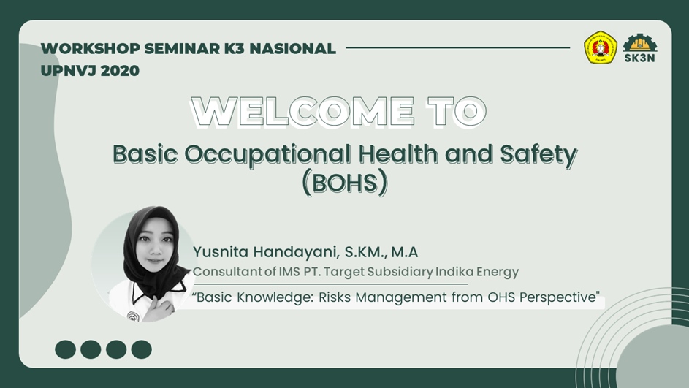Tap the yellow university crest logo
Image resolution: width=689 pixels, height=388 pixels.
tap(601, 47)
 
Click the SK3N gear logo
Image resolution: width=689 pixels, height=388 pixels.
tap(640, 48)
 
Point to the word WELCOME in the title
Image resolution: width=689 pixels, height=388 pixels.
tap(302, 112)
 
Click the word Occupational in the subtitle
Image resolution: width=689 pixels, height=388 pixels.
tap(267, 155)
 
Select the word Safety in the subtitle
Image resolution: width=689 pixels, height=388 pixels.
tap(538, 155)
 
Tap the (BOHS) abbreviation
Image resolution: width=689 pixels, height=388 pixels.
tap(345, 183)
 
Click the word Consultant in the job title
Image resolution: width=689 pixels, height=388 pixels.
tap(228, 272)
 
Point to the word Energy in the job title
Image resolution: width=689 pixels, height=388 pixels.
tap(498, 272)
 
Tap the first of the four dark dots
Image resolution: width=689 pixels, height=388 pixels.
tap(66, 349)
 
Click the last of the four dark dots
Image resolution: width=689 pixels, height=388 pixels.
tap(142, 349)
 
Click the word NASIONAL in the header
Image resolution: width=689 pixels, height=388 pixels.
tap(293, 48)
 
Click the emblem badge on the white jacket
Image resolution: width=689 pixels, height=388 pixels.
tap(133, 316)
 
